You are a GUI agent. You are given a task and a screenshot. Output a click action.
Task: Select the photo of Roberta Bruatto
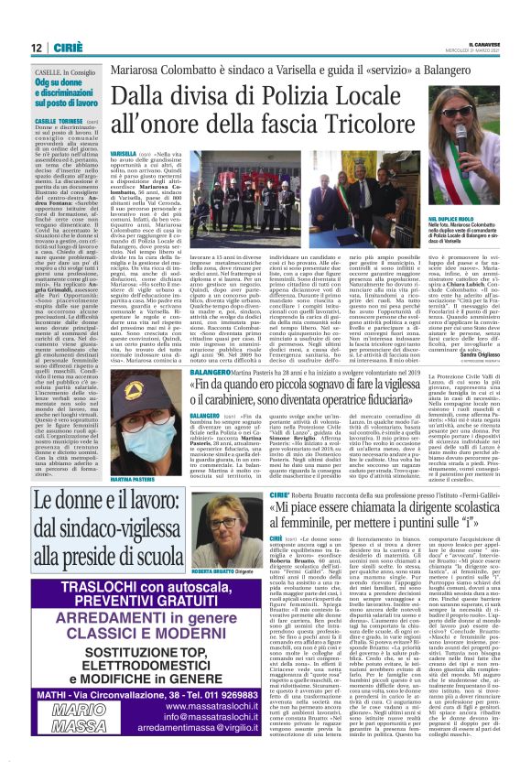point(211,508)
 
